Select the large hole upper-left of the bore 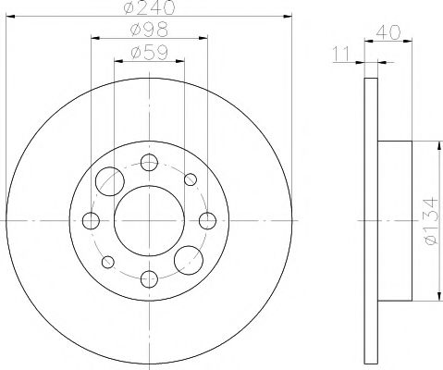pyautogui.click(x=111, y=179)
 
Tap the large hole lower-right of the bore pyautogui.click(x=190, y=261)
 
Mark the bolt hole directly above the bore pyautogui.click(x=150, y=163)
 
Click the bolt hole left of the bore pyautogui.click(x=92, y=220)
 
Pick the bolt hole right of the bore pyautogui.click(x=208, y=220)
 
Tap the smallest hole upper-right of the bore pyautogui.click(x=191, y=179)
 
